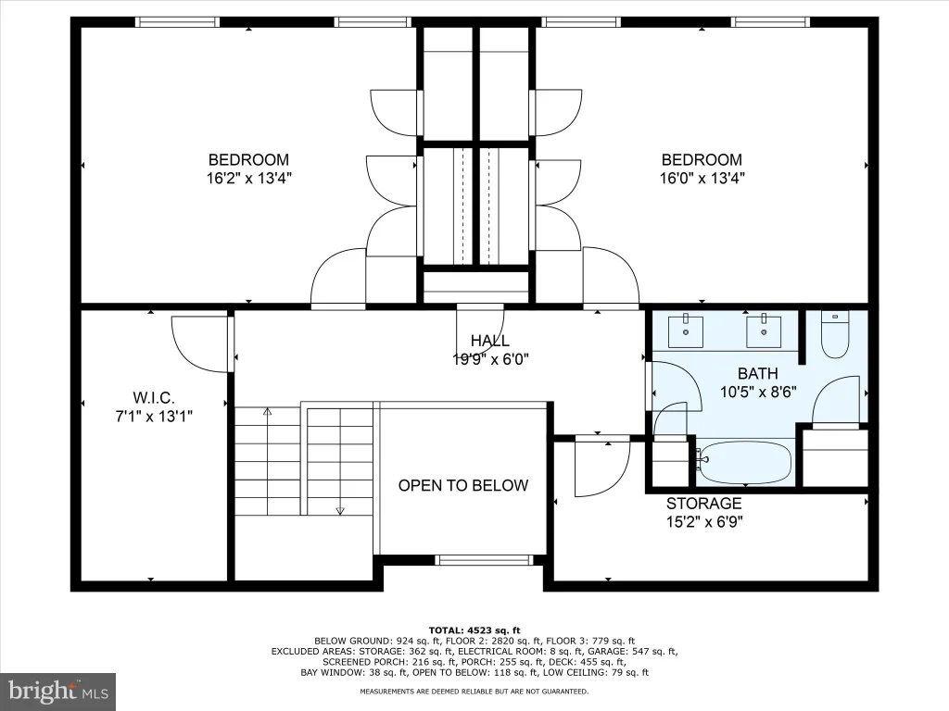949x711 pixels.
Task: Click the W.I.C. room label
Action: (x=154, y=398)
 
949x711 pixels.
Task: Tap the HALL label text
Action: (x=489, y=341)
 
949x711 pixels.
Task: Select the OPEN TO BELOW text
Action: (x=463, y=485)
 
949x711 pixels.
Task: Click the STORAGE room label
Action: (x=704, y=503)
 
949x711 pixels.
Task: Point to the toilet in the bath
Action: (x=835, y=334)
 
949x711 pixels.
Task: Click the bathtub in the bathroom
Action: (x=744, y=462)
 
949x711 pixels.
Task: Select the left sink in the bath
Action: (x=686, y=331)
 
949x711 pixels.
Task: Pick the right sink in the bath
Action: (x=764, y=331)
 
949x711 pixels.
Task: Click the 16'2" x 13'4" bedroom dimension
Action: (x=248, y=179)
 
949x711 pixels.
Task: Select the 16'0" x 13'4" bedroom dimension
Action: (x=702, y=179)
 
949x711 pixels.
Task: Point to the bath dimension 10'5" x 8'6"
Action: (x=758, y=392)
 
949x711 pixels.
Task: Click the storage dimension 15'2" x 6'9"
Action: (x=704, y=521)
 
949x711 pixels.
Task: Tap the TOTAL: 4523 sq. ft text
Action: (x=474, y=630)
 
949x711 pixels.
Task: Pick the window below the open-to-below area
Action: (x=484, y=560)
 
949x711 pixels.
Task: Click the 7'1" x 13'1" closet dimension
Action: (x=154, y=416)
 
